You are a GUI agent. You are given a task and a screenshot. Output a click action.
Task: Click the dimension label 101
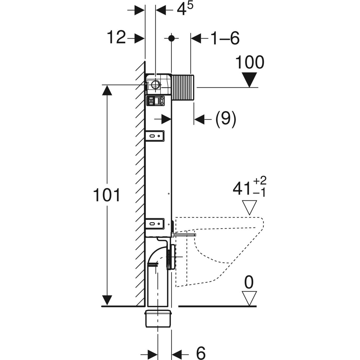[x=107, y=195]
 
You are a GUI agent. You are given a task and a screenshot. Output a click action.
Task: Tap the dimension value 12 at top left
[x=116, y=38]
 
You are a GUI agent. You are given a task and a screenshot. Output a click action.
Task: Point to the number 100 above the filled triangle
[x=250, y=63]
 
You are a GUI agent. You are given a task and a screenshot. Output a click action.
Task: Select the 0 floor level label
[x=249, y=282]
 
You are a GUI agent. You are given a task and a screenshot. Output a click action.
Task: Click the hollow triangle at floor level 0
[x=249, y=298]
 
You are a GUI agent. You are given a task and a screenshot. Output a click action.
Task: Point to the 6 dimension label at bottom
[x=201, y=353]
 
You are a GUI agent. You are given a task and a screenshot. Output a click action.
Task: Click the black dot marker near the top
[x=171, y=38]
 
